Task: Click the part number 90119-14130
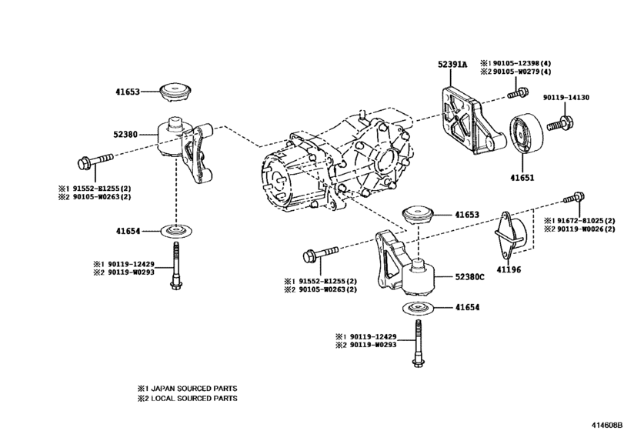566,98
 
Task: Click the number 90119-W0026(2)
584,229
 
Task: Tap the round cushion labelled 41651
525,142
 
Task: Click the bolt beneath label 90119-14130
560,122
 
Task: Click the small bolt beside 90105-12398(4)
516,95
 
